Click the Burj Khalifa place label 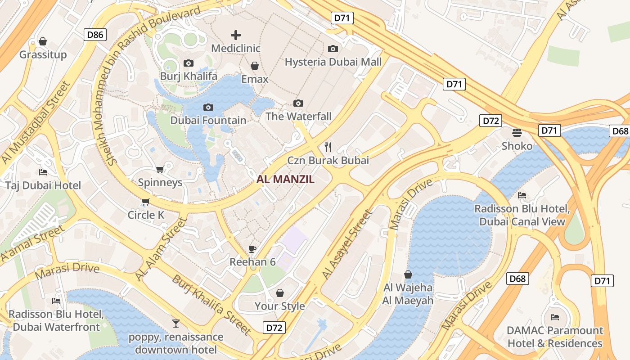click(189, 76)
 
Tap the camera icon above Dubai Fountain click(208, 107)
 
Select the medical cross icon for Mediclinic click(236, 35)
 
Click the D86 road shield click(95, 35)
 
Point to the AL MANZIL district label click(285, 179)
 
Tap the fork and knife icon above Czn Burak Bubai click(328, 147)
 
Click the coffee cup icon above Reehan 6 click(252, 249)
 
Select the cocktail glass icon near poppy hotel click(176, 323)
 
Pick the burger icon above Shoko click(517, 133)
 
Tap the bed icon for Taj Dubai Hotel click(43, 172)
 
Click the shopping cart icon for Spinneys click(160, 169)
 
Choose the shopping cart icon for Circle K click(145, 202)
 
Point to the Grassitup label click(43, 54)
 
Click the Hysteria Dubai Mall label click(333, 62)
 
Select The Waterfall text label click(298, 116)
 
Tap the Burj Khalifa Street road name click(211, 305)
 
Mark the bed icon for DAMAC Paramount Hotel click(555, 317)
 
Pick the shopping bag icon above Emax click(255, 66)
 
